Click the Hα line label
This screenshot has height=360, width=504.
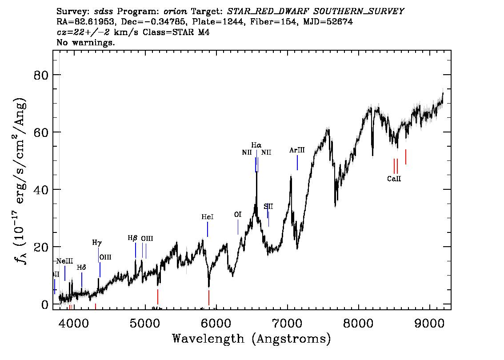click(x=256, y=145)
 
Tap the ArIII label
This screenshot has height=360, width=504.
click(x=297, y=150)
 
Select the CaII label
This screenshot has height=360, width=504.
click(x=394, y=179)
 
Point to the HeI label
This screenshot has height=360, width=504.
click(x=208, y=217)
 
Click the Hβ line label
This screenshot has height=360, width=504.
click(x=133, y=238)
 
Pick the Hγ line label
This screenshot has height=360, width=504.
click(x=97, y=243)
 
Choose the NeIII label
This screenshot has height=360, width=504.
click(x=64, y=261)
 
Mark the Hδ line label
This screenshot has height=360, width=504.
click(x=81, y=268)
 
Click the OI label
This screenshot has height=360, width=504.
click(x=238, y=215)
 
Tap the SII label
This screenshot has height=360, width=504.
click(x=268, y=206)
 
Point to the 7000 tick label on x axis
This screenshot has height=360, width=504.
click(x=288, y=321)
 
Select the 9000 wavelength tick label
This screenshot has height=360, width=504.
click(x=430, y=321)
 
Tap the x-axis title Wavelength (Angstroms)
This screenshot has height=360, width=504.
click(x=252, y=339)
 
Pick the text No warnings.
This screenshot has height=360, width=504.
click(x=86, y=43)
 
